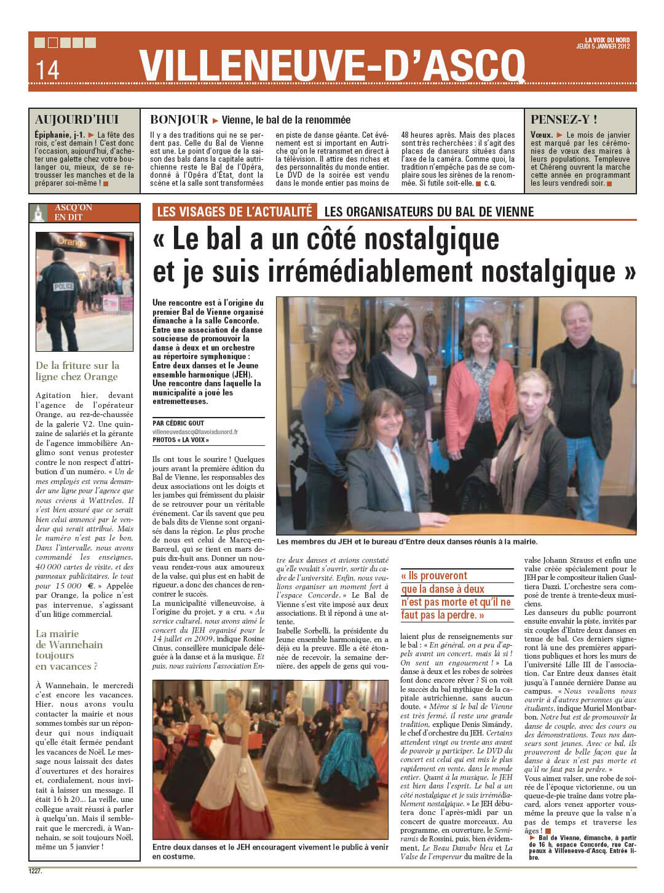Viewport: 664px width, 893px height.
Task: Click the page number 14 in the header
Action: (47, 69)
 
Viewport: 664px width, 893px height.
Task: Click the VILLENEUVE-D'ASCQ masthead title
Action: (332, 65)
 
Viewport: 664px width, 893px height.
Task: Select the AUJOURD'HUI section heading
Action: (77, 120)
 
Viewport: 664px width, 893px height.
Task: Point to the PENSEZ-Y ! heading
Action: (564, 120)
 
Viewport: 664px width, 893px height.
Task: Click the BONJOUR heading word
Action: (179, 120)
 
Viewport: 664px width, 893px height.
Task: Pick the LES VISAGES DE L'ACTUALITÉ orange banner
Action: (234, 212)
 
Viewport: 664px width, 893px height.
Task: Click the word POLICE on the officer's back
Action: (64, 287)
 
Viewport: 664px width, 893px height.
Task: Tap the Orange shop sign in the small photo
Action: (73, 242)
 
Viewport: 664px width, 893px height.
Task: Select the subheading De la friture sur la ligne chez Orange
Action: (77, 371)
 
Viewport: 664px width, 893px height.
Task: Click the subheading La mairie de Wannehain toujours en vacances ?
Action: (69, 649)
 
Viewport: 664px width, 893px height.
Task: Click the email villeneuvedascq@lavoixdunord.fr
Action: (195, 432)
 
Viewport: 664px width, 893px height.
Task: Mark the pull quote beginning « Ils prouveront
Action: (456, 595)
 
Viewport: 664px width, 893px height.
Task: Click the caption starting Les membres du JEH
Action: (406, 542)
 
